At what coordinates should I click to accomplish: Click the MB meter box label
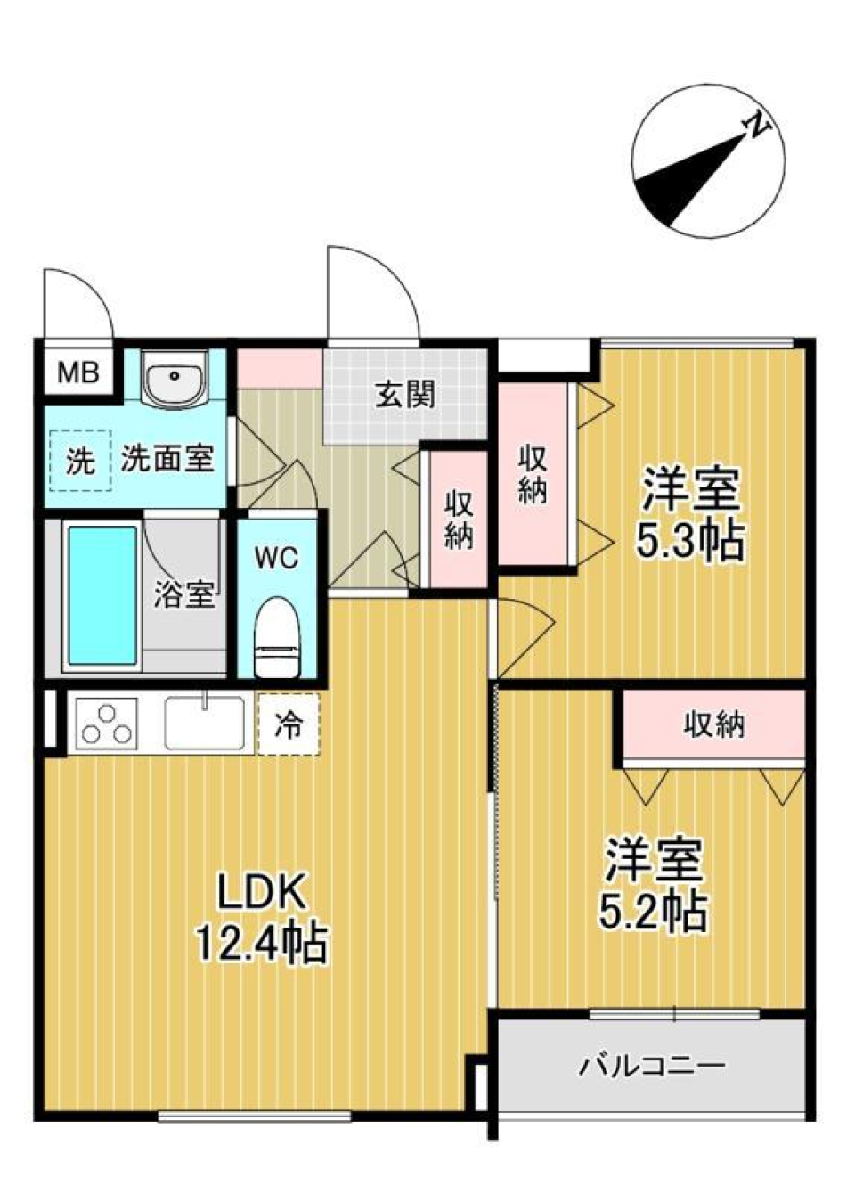tap(77, 372)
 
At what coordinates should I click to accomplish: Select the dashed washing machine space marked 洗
tap(80, 460)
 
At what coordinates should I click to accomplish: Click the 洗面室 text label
tap(167, 459)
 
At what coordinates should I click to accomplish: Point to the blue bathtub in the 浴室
tap(102, 595)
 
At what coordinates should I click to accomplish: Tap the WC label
tap(276, 558)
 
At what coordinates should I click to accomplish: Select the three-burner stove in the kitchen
tap(106, 723)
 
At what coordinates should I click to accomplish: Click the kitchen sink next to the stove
tap(205, 723)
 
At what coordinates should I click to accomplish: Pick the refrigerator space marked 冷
tap(288, 724)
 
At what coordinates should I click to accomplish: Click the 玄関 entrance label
tap(405, 393)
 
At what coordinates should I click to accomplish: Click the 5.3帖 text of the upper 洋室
tap(690, 541)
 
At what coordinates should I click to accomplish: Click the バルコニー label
tap(652, 1065)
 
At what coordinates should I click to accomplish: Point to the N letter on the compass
tap(758, 127)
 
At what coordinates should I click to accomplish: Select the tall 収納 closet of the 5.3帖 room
tap(533, 475)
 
